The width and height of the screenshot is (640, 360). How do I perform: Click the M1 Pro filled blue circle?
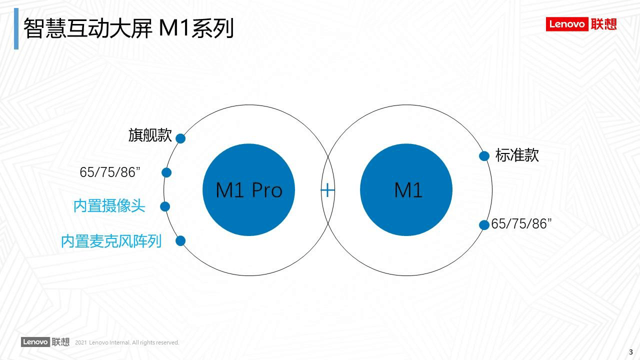tap(248, 190)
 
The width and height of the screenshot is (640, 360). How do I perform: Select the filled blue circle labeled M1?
tap(406, 190)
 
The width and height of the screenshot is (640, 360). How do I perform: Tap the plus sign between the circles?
tap(327, 190)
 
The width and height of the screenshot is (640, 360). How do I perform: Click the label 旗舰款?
tap(150, 135)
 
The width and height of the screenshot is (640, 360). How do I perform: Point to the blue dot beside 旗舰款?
tap(180, 138)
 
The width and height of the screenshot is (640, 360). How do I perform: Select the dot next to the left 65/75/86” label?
tap(166, 172)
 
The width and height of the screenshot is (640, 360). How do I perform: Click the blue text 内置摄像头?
tap(109, 206)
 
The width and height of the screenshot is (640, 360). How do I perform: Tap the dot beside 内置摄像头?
tap(165, 206)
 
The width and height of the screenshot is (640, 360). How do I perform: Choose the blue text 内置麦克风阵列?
tap(111, 241)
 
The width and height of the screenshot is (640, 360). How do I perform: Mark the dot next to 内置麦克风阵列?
tap(180, 241)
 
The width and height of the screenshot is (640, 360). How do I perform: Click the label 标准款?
tap(517, 155)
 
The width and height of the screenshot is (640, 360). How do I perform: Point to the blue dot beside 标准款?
tap(484, 156)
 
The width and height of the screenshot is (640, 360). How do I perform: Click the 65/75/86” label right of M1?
tap(521, 224)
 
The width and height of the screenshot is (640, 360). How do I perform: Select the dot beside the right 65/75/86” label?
tap(484, 225)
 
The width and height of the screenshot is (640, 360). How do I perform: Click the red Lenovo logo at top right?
tap(581, 24)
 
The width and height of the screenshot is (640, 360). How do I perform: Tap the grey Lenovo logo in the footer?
tap(45, 342)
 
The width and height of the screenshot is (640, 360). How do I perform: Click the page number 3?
tap(630, 352)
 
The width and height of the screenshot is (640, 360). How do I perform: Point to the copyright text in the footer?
tap(127, 342)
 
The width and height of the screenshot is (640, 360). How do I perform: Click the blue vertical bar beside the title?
tap(16, 28)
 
